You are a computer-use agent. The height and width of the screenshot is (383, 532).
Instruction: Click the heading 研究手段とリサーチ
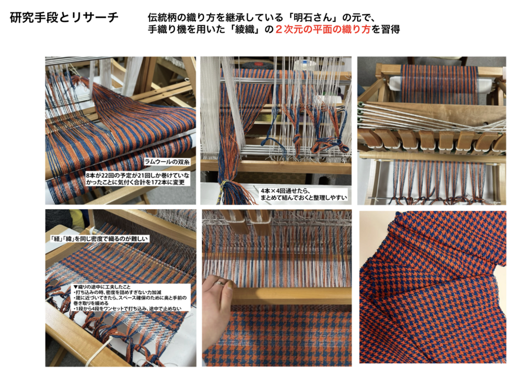point(64,17)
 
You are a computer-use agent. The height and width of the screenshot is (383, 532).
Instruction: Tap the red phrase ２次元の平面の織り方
point(323,30)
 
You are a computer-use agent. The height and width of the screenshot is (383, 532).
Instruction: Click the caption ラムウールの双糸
point(167,162)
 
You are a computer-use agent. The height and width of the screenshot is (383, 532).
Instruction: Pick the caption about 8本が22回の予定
point(137,179)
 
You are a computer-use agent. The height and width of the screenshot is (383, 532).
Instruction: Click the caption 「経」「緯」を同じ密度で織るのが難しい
point(99,239)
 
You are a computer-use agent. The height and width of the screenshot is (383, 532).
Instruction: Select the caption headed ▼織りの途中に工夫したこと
point(130,297)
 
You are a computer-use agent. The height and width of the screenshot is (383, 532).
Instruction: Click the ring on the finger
point(220,282)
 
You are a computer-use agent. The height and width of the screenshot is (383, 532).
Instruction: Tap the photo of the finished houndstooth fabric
point(433,287)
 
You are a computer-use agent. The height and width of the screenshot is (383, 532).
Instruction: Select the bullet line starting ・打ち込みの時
point(117,292)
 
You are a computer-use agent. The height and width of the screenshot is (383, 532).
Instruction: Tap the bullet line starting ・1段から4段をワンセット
point(127,309)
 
